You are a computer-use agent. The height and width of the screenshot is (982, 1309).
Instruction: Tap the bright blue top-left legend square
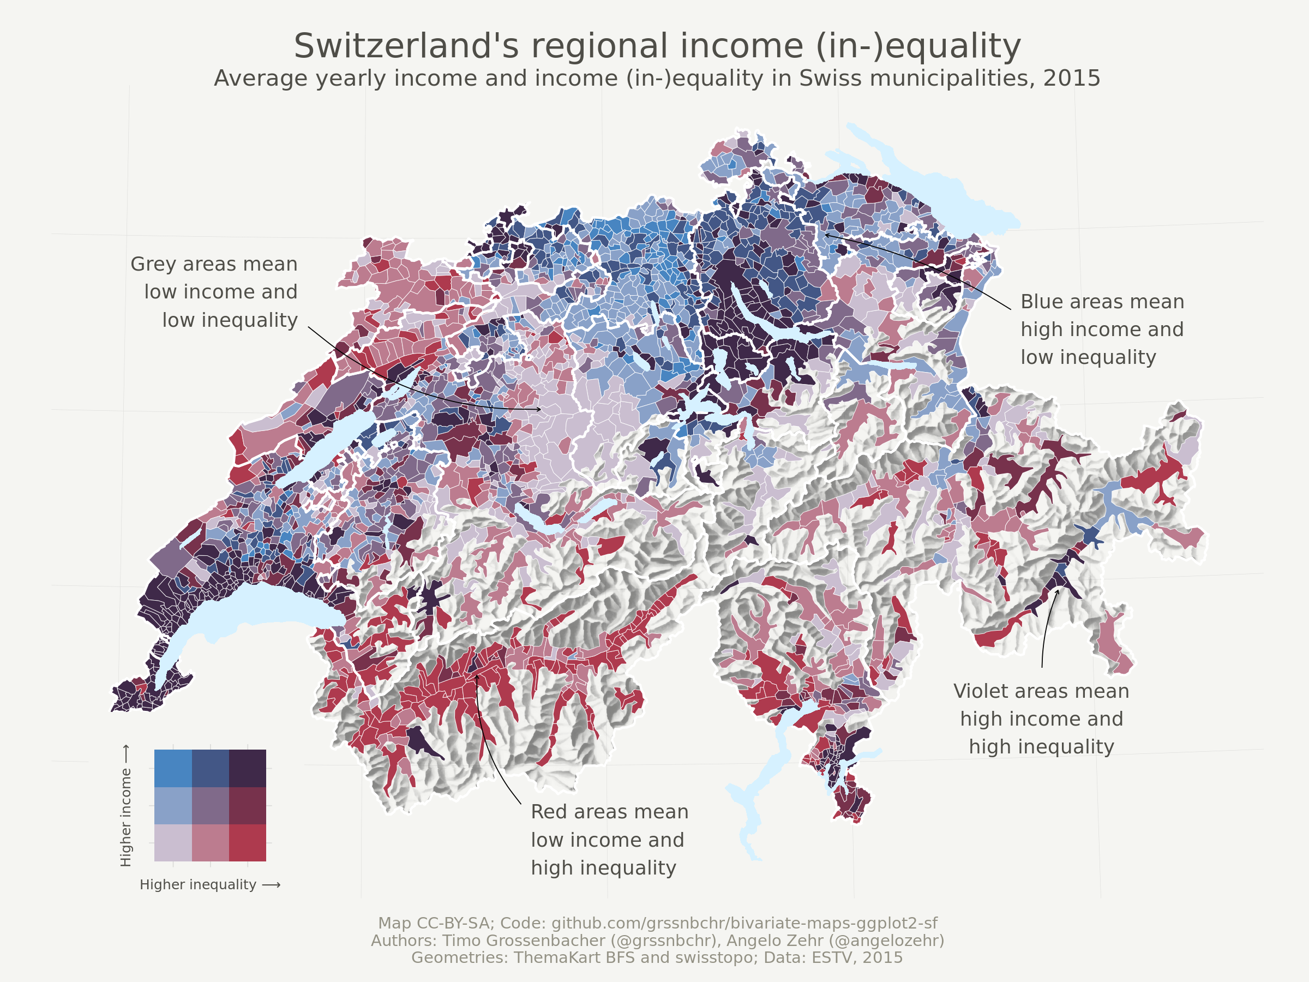pyautogui.click(x=173, y=768)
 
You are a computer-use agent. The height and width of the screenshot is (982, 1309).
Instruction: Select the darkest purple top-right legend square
pyautogui.click(x=248, y=768)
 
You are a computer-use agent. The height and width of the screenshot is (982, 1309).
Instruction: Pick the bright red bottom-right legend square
pyautogui.click(x=248, y=842)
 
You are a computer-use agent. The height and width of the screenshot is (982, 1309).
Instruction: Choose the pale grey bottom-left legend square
pyautogui.click(x=173, y=842)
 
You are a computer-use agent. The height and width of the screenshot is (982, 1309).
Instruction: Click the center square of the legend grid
pyautogui.click(x=210, y=805)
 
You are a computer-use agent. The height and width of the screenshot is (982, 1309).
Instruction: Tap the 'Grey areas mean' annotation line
pyautogui.click(x=214, y=264)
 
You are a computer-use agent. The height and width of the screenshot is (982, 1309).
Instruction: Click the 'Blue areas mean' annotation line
pyautogui.click(x=1102, y=302)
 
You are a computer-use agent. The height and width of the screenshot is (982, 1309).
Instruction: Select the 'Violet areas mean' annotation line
pyautogui.click(x=1041, y=691)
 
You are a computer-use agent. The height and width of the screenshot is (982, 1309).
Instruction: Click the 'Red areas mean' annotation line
pyautogui.click(x=610, y=812)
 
